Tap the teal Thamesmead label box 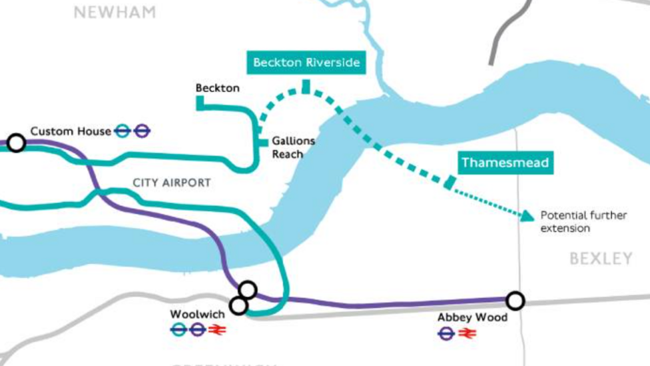[x=506, y=163]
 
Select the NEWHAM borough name [x=115, y=12]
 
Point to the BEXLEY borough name [x=601, y=259]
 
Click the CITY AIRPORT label [x=171, y=182]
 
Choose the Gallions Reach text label [x=292, y=148]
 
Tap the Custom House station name [x=71, y=131]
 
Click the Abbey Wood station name [x=472, y=317]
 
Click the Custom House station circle [x=16, y=143]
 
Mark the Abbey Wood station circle [x=515, y=301]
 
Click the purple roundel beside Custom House [x=141, y=131]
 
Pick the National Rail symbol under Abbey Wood [x=468, y=333]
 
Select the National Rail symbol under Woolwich [x=216, y=329]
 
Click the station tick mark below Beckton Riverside [x=306, y=87]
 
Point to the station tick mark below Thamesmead [x=450, y=181]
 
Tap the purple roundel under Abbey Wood [x=446, y=333]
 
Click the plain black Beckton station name [x=217, y=88]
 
